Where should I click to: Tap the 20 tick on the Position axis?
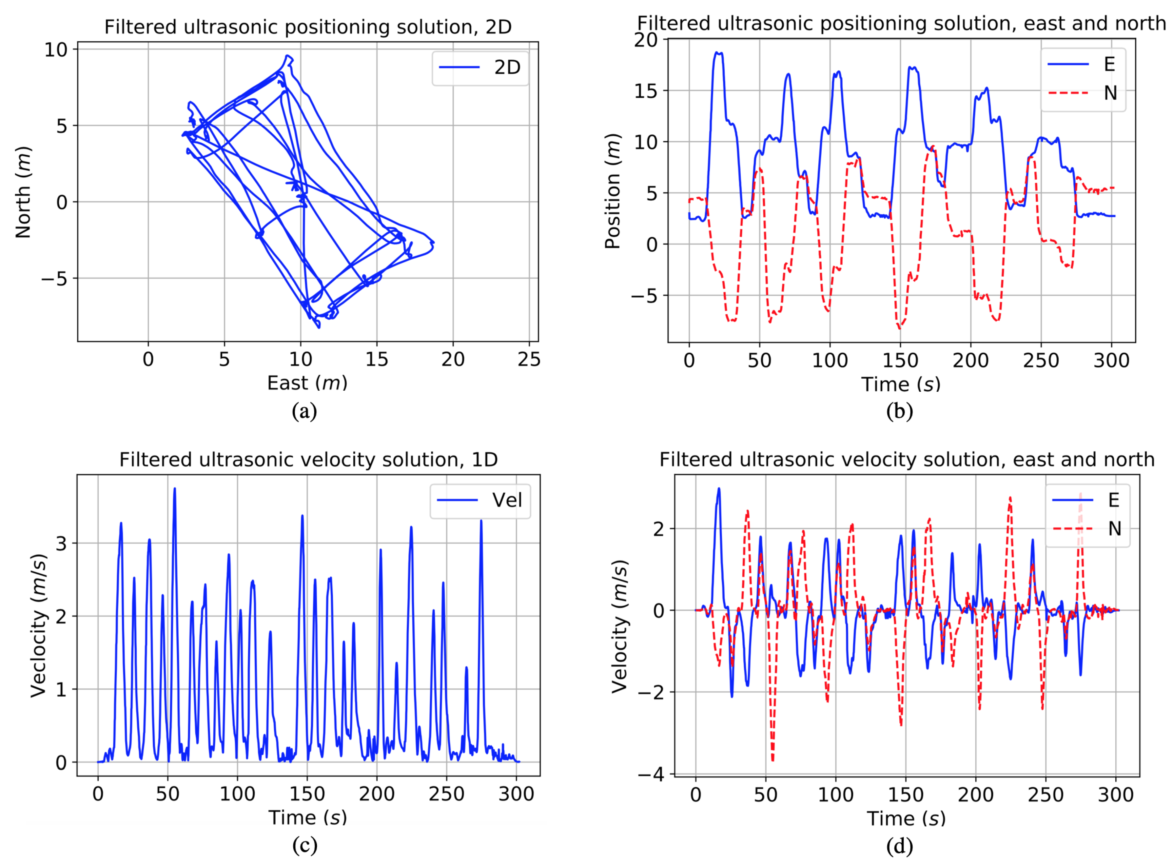[646, 40]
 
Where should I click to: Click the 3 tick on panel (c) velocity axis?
[62, 543]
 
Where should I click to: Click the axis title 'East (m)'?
[307, 383]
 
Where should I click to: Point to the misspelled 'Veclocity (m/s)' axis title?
[38, 625]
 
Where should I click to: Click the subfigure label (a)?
[305, 411]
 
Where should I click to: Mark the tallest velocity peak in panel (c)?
[174, 489]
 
